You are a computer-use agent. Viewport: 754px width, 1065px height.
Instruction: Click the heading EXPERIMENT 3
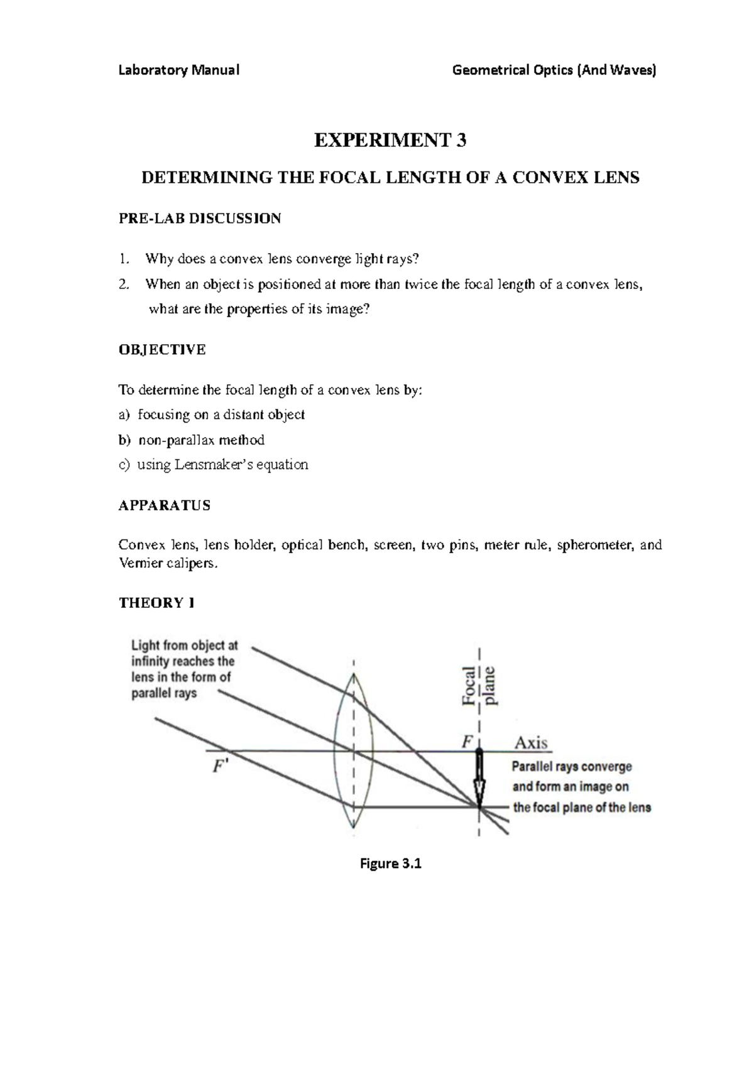[x=390, y=140]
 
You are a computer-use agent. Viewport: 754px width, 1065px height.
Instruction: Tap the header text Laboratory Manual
[x=179, y=70]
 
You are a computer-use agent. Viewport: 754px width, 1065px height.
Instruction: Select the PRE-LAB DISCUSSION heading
[x=200, y=219]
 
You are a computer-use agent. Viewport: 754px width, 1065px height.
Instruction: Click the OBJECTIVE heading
[x=162, y=350]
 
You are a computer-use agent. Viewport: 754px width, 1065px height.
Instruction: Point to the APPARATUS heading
[x=165, y=505]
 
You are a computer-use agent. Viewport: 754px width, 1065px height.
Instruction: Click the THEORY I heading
[x=156, y=603]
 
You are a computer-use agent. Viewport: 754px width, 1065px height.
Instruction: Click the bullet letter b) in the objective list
[x=124, y=440]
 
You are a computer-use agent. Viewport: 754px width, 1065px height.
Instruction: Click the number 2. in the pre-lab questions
[x=124, y=284]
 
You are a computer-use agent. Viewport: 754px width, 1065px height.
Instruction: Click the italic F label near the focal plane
[x=467, y=742]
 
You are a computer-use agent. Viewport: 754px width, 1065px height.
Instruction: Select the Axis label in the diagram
[x=532, y=743]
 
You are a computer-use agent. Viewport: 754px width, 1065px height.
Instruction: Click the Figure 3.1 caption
[x=390, y=863]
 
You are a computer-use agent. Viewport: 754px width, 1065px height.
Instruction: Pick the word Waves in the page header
[x=637, y=70]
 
